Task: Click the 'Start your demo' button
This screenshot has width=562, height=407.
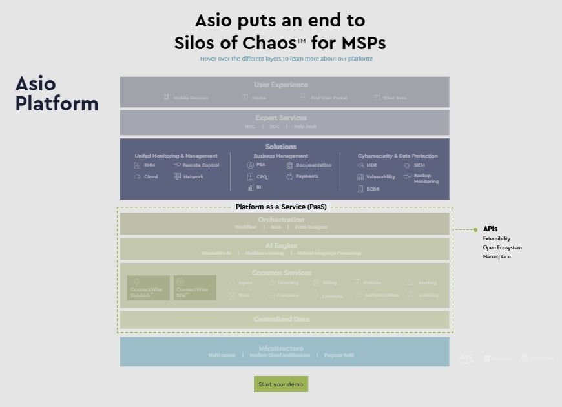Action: pyautogui.click(x=281, y=384)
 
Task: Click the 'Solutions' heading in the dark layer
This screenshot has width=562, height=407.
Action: pyautogui.click(x=280, y=147)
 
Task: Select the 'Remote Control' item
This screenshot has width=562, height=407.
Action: pyautogui.click(x=200, y=165)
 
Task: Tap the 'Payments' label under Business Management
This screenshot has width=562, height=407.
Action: pyautogui.click(x=307, y=176)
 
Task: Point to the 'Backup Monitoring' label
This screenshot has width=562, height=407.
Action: pyautogui.click(x=426, y=178)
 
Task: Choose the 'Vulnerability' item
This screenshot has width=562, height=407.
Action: pyautogui.click(x=380, y=176)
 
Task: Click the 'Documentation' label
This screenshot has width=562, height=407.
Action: pyautogui.click(x=313, y=165)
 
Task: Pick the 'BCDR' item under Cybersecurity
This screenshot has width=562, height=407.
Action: pyautogui.click(x=373, y=189)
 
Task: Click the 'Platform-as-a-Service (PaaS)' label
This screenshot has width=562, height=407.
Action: pyautogui.click(x=280, y=207)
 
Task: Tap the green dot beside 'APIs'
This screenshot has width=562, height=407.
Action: pyautogui.click(x=475, y=229)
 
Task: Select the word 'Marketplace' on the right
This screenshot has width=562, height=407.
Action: pyautogui.click(x=497, y=256)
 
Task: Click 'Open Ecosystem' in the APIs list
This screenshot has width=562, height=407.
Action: pyautogui.click(x=502, y=247)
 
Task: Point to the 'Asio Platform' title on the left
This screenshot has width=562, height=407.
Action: pyautogui.click(x=57, y=94)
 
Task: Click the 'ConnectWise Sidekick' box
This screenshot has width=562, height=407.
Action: pyautogui.click(x=149, y=288)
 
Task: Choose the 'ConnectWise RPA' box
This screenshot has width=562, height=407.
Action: pyautogui.click(x=194, y=288)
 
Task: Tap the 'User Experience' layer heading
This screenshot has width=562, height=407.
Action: pyautogui.click(x=280, y=85)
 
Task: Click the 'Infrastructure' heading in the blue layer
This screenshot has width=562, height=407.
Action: pyautogui.click(x=280, y=348)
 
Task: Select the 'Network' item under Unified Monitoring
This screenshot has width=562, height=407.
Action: pyautogui.click(x=193, y=176)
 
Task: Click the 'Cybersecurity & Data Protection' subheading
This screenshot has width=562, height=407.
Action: pyautogui.click(x=397, y=156)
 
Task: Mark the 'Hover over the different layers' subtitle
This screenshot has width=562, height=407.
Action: pyautogui.click(x=286, y=59)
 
